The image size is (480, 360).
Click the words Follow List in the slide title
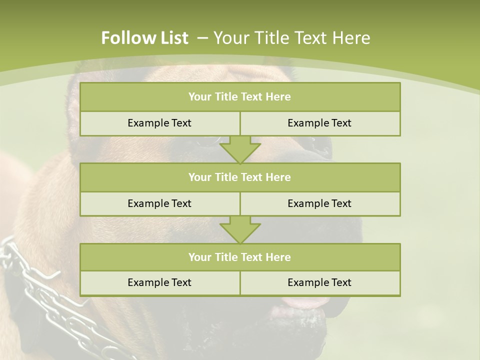[x=144, y=38]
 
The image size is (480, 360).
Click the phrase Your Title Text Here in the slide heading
[x=292, y=38]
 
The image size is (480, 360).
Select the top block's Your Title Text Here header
[x=239, y=97]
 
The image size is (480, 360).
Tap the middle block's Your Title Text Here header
[x=239, y=177]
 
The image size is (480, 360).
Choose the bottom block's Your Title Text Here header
[x=239, y=257]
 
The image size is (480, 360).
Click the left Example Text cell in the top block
[x=159, y=123]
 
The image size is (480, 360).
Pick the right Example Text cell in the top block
[x=319, y=123]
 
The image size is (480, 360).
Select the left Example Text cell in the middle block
[x=159, y=203]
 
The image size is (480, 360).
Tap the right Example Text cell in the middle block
[x=319, y=203]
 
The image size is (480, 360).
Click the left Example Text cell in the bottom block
[x=159, y=282]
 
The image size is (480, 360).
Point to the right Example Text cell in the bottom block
[x=319, y=282]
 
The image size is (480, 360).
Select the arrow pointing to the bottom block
[x=240, y=229]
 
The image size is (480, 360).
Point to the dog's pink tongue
[x=305, y=302]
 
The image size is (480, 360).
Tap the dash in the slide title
[x=203, y=38]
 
